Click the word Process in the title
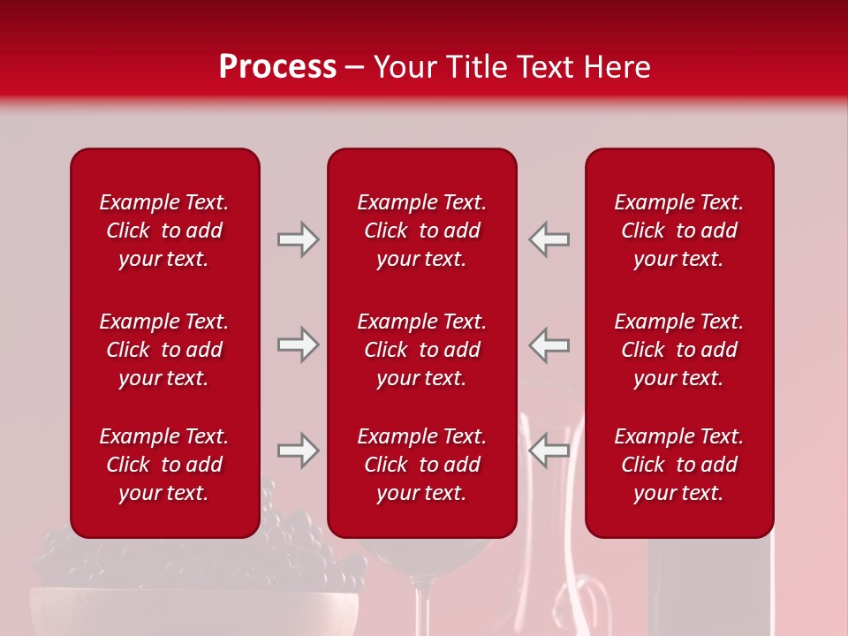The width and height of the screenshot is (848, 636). pyautogui.click(x=277, y=67)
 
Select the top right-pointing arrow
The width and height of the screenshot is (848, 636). pyautogui.click(x=298, y=239)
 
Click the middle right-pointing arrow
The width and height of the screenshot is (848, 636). pyautogui.click(x=298, y=344)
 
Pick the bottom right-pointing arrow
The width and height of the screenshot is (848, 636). pyautogui.click(x=298, y=450)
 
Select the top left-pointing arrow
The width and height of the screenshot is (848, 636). pyautogui.click(x=549, y=239)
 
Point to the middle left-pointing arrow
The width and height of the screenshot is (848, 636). pyautogui.click(x=549, y=344)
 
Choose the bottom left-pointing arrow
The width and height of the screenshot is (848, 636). pyautogui.click(x=549, y=450)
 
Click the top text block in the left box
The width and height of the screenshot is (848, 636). pyautogui.click(x=164, y=231)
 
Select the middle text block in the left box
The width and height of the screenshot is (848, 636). pyautogui.click(x=164, y=350)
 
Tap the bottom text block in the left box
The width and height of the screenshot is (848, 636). pyautogui.click(x=164, y=465)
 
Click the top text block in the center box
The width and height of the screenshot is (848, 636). pyautogui.click(x=421, y=231)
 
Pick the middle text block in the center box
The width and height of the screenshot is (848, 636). pyautogui.click(x=421, y=350)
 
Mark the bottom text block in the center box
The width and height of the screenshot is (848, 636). pyautogui.click(x=421, y=465)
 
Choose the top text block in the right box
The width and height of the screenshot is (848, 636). pyautogui.click(x=678, y=231)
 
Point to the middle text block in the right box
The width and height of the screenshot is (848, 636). pyautogui.click(x=678, y=350)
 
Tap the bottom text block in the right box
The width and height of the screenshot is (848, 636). pyautogui.click(x=678, y=465)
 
